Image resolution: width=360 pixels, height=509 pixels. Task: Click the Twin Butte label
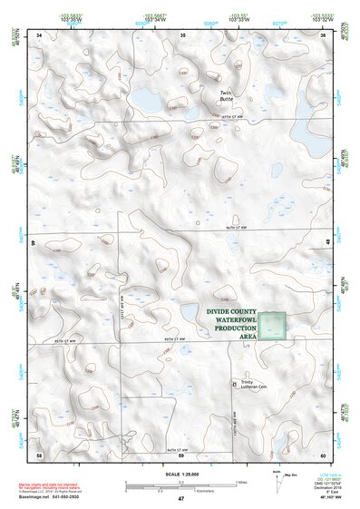[x=227, y=95]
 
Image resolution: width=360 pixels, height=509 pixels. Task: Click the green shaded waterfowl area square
[x=273, y=326]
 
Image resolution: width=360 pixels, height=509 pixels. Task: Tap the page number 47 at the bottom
[x=180, y=500]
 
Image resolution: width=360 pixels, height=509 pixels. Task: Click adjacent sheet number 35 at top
[x=183, y=34]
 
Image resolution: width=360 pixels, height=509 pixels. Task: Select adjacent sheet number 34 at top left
[x=39, y=34]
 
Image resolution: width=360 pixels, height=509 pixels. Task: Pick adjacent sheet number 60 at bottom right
[x=324, y=455]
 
